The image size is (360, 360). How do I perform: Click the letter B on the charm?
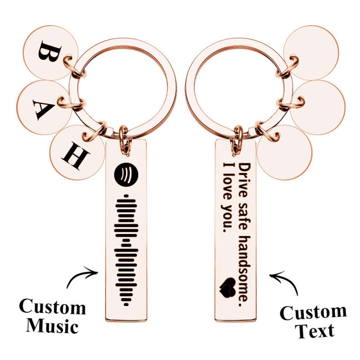click(50, 52)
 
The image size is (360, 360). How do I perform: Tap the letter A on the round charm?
click(44, 110)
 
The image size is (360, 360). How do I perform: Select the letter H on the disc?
click(76, 155)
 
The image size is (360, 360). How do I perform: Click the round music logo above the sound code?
click(126, 174)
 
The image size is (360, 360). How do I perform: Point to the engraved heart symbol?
click(228, 288)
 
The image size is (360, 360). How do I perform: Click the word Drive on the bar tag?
click(244, 180)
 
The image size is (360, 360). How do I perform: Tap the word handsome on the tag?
click(244, 268)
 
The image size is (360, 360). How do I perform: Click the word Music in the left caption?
click(52, 326)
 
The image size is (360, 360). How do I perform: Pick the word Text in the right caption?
click(315, 330)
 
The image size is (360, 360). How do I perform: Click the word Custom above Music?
click(52, 306)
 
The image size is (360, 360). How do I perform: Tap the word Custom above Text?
click(313, 312)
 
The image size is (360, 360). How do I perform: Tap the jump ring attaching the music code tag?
click(124, 140)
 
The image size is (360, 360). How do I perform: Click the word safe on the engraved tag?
click(244, 216)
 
